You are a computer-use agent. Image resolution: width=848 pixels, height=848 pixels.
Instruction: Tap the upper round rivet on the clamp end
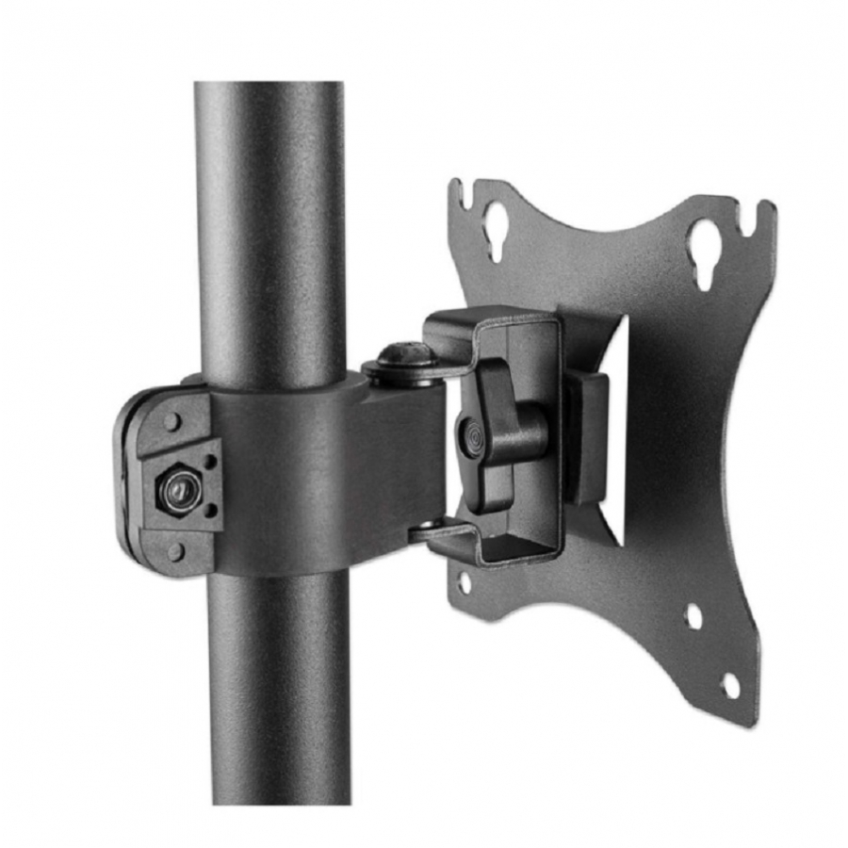tap(171, 420)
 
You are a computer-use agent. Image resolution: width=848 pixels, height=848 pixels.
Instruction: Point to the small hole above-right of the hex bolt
tap(211, 461)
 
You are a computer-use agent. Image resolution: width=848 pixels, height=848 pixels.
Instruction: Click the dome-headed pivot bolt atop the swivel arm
tap(406, 356)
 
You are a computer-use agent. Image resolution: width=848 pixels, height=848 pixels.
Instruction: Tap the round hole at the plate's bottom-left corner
tap(465, 581)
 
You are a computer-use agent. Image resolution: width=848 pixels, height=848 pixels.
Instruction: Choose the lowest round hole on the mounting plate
tap(729, 685)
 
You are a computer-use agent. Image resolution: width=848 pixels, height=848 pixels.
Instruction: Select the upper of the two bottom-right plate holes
tap(693, 616)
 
